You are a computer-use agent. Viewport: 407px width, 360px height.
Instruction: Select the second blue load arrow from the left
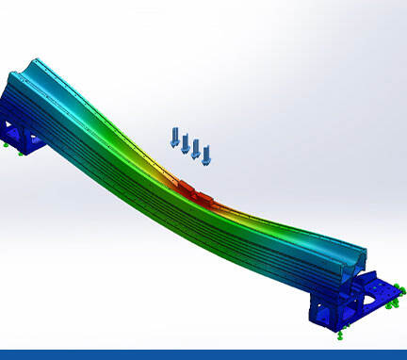point(186,142)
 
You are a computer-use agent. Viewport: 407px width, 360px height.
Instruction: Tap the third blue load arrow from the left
point(196,148)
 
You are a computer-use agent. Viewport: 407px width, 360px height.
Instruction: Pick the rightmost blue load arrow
point(206,154)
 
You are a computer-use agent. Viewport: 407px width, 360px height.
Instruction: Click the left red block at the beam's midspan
point(186,188)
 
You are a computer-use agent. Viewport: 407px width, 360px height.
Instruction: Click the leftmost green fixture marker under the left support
point(8,146)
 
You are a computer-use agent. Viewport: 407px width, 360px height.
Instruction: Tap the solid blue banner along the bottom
point(203,354)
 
